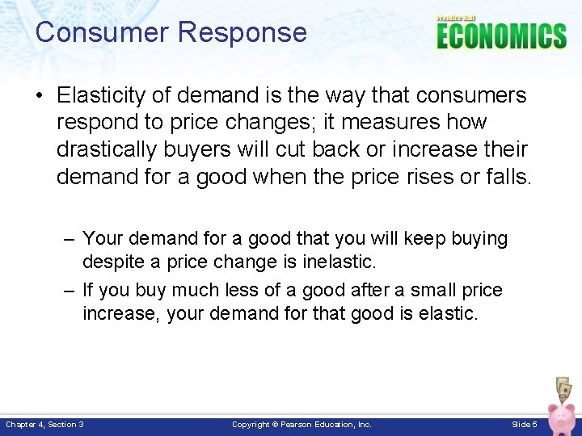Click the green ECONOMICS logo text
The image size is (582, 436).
pyautogui.click(x=501, y=36)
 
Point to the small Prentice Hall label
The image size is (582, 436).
pyautogui.click(x=456, y=18)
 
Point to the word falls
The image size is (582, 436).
pyautogui.click(x=506, y=177)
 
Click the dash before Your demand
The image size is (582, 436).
pyautogui.click(x=70, y=239)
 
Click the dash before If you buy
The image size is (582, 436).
pyautogui.click(x=70, y=290)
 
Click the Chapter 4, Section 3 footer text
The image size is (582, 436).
pyautogui.click(x=45, y=424)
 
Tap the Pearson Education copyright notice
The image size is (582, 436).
pyautogui.click(x=302, y=424)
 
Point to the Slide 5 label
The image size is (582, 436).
pyautogui.click(x=525, y=424)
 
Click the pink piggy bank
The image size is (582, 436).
pyautogui.click(x=563, y=417)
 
